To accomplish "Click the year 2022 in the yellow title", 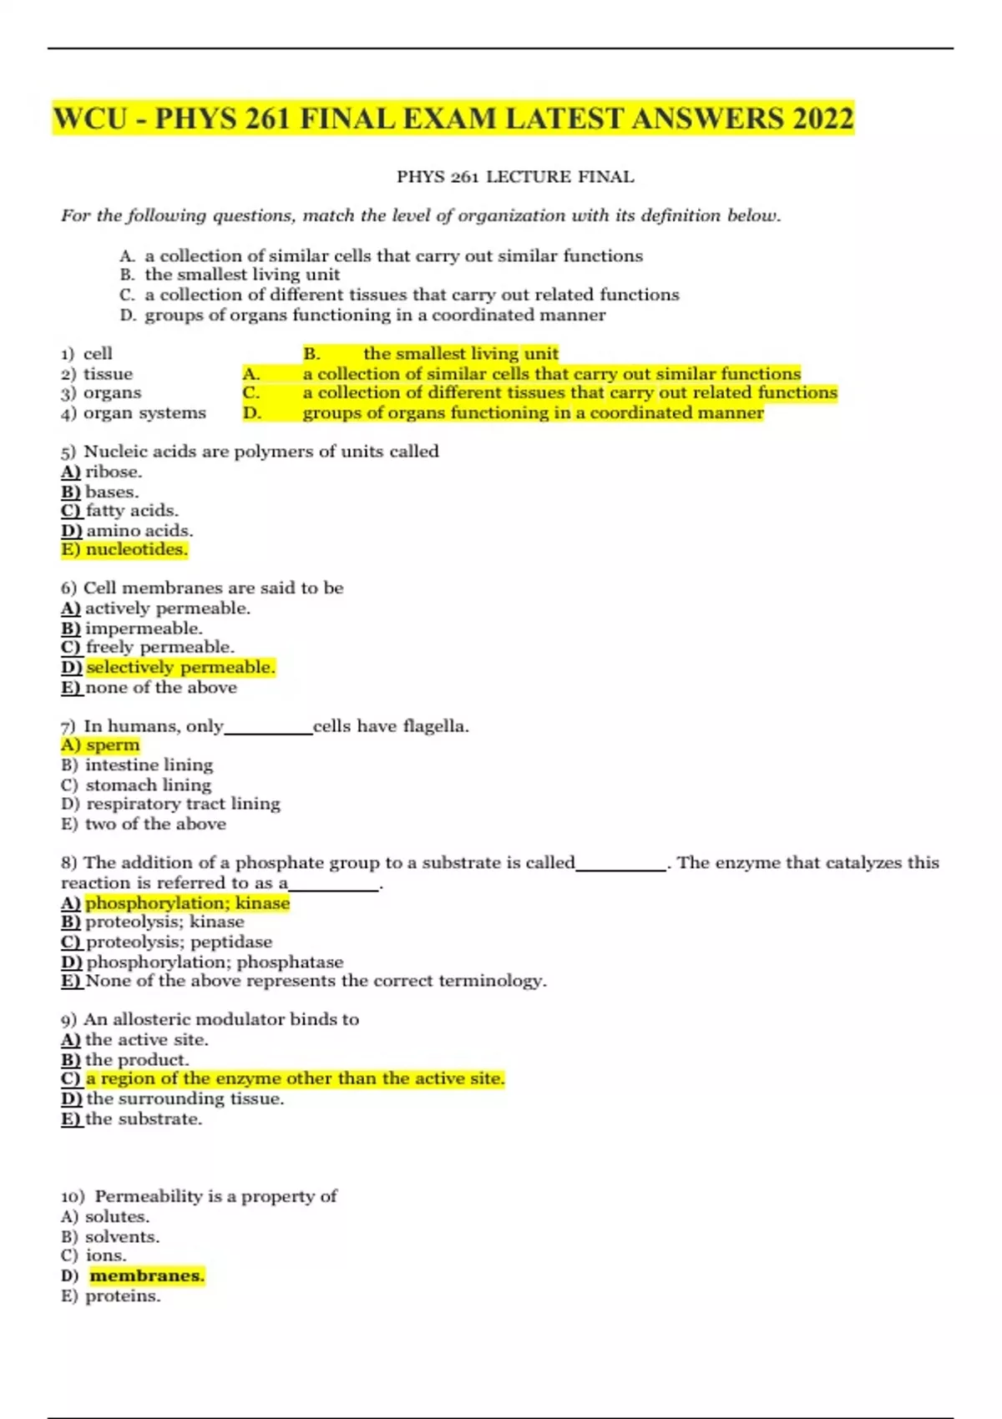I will [x=822, y=118].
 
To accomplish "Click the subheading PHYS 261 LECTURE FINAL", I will [x=515, y=177].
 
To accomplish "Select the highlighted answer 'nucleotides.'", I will [x=136, y=549].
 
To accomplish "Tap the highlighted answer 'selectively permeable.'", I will [x=180, y=667].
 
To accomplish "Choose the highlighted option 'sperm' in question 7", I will [x=113, y=745].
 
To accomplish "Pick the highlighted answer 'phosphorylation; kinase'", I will [x=187, y=902].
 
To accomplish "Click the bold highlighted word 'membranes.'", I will [x=147, y=1275].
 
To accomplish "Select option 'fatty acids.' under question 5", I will [x=132, y=510].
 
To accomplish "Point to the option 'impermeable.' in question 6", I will [x=144, y=629].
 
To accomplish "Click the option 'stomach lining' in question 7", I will [x=149, y=785].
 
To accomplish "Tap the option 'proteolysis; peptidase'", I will [x=179, y=942].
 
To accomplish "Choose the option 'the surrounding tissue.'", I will [x=185, y=1098].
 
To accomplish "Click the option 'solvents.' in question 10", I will [x=122, y=1236].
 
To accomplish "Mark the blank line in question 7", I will [x=268, y=731].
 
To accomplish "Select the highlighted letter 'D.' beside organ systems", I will [x=252, y=412].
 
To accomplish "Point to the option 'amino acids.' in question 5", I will [x=139, y=530].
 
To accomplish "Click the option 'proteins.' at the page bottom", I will [x=123, y=1295].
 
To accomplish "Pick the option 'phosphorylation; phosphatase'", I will [x=215, y=962].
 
